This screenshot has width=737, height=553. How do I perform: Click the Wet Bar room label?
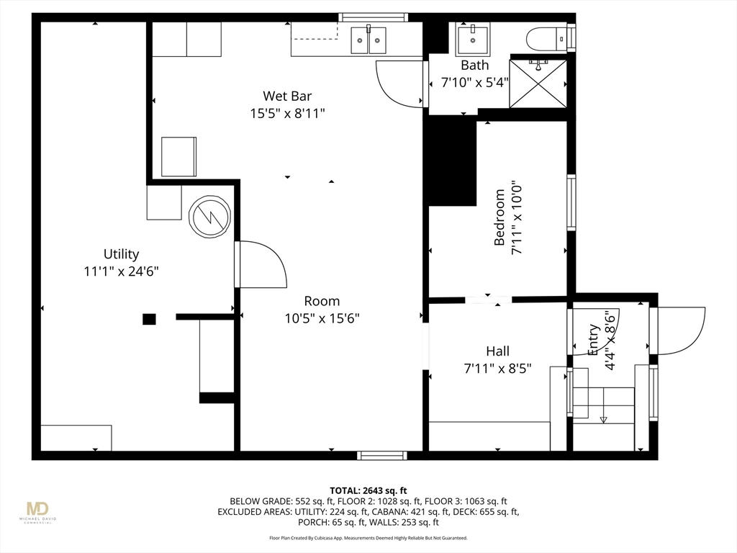(x=287, y=96)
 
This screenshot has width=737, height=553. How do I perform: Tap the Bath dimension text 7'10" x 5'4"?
(x=475, y=83)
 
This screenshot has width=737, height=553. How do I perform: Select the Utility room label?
(x=121, y=254)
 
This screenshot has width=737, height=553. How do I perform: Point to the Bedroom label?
(x=499, y=217)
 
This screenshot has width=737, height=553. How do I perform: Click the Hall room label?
(x=498, y=351)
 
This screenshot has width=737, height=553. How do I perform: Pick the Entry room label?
(x=594, y=340)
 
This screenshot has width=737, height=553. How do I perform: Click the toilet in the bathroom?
(x=547, y=38)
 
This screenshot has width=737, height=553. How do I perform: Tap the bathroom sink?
(x=472, y=38)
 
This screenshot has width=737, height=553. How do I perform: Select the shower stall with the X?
(x=538, y=83)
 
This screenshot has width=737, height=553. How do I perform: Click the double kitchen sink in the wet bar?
(x=369, y=40)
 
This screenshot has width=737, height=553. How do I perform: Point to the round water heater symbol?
(x=209, y=216)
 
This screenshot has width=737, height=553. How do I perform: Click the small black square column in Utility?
(x=149, y=319)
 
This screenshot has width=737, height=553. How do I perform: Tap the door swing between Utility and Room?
(x=261, y=264)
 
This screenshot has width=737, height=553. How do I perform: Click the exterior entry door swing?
(x=682, y=331)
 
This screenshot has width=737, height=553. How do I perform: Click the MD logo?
(x=37, y=509)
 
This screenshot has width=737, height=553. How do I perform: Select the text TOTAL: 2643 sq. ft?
(x=368, y=491)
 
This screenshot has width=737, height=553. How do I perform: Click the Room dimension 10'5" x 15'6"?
(x=322, y=318)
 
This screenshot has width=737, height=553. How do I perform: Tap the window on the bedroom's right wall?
(x=571, y=202)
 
